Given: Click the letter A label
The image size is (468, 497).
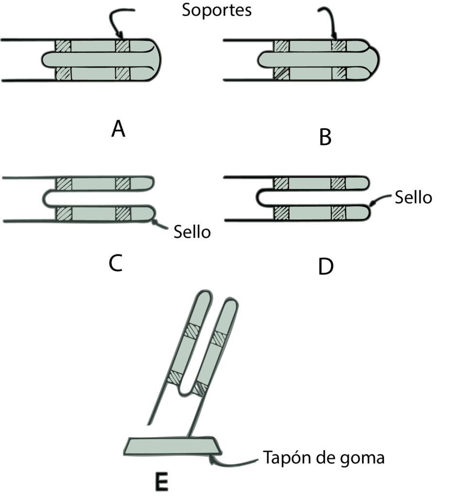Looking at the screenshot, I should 118,129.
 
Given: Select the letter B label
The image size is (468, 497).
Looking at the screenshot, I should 325,137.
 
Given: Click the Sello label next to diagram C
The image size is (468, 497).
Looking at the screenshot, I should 192,232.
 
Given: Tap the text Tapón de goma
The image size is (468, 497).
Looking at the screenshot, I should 324,457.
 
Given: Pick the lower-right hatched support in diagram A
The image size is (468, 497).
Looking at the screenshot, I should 123,73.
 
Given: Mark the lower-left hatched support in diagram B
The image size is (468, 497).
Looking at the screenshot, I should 281,73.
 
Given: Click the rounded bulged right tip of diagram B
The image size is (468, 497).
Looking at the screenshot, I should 375,59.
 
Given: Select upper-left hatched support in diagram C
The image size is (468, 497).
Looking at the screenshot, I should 64,184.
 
